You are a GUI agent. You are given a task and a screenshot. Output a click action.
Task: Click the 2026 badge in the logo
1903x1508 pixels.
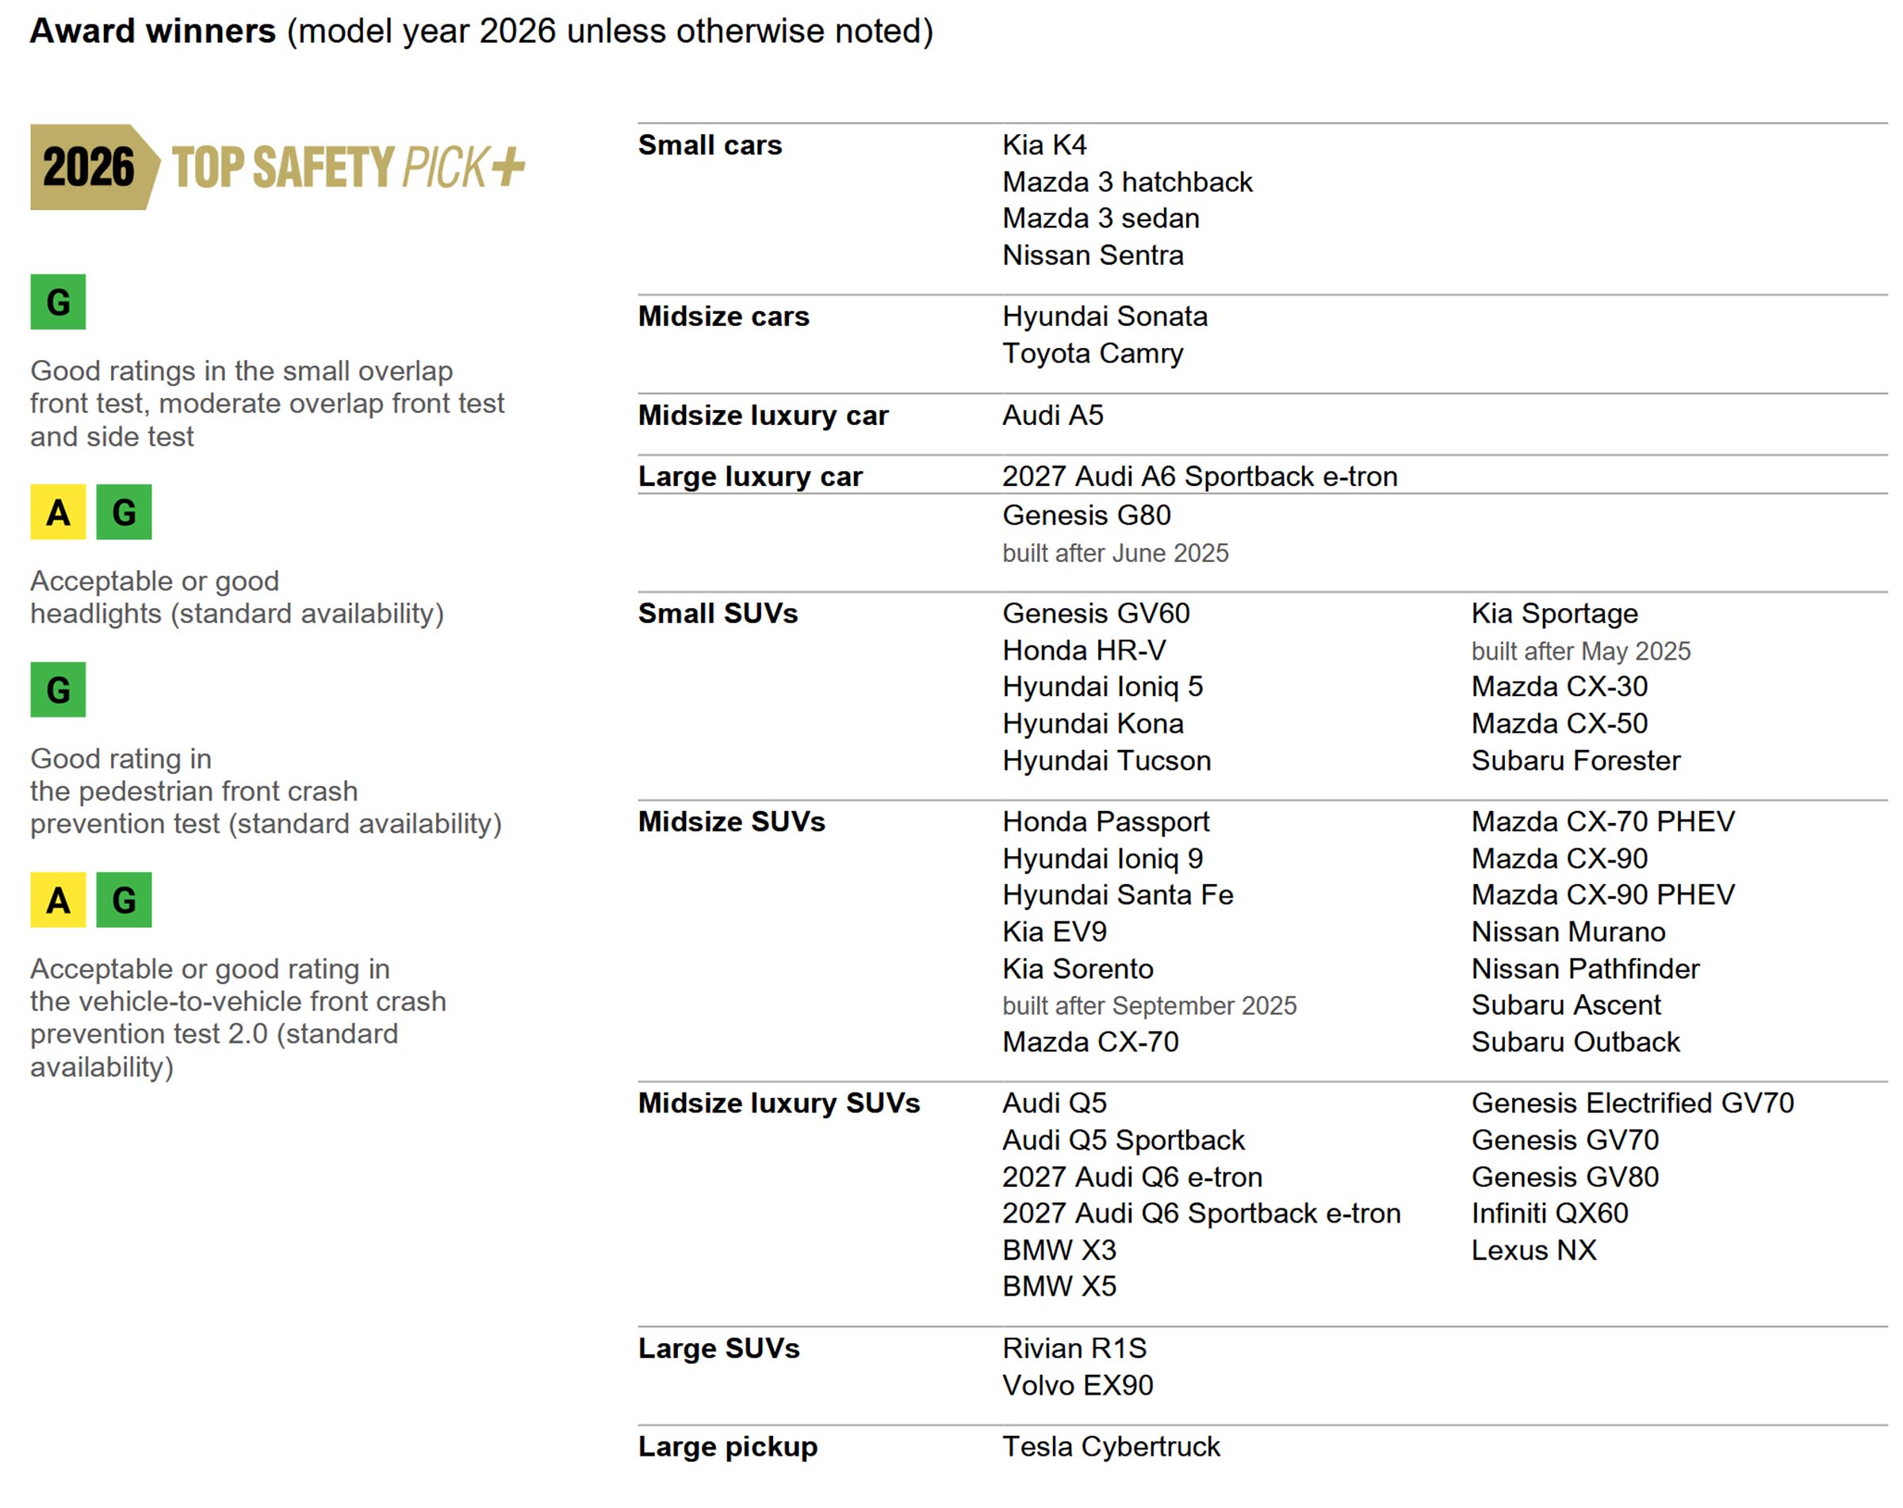[88, 166]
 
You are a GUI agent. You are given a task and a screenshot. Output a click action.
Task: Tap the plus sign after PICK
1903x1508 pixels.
[508, 166]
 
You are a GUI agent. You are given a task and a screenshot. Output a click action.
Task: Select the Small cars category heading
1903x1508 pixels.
[710, 145]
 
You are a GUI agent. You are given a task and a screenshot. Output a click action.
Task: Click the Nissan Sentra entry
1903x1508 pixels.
[1093, 255]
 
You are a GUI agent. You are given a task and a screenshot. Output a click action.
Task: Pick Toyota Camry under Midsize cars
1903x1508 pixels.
[1093, 353]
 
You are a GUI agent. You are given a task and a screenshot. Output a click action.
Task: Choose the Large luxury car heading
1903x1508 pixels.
[750, 477]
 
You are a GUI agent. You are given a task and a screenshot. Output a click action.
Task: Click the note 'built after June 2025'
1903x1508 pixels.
[1115, 553]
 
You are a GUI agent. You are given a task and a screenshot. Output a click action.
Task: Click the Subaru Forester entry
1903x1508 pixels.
[1576, 760]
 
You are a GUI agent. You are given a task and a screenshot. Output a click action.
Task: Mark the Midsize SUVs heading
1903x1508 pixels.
[732, 821]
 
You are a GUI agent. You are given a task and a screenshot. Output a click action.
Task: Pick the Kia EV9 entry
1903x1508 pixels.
[1054, 932]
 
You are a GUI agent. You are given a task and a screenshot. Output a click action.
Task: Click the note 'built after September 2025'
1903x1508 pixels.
[1149, 1006]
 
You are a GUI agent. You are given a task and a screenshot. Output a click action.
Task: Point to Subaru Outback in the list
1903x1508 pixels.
[1576, 1042]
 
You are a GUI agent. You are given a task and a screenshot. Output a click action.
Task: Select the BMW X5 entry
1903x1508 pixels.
[1059, 1287]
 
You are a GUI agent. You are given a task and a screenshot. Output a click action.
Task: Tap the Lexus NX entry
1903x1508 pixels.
[1534, 1250]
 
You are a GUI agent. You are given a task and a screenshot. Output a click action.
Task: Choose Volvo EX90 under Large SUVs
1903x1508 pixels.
[1078, 1385]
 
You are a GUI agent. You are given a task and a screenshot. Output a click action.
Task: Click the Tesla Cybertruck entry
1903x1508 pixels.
[1111, 1446]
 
